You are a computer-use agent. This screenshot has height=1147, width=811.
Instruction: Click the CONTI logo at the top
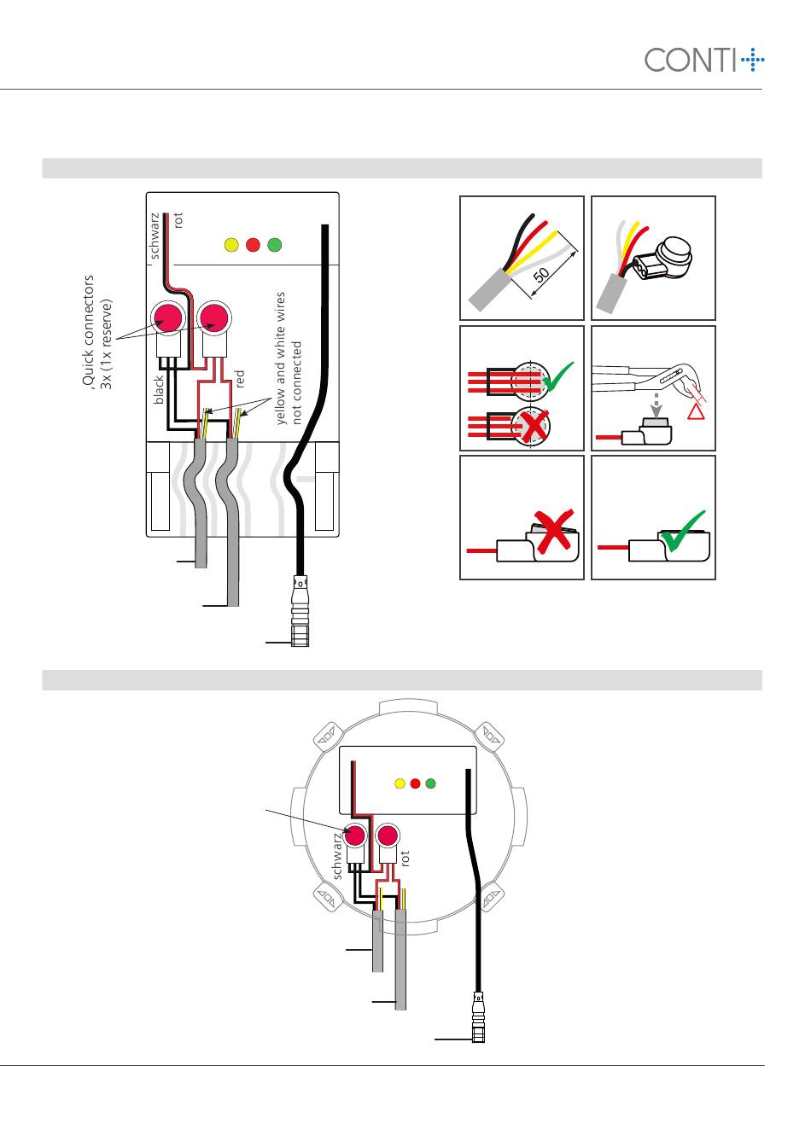704,60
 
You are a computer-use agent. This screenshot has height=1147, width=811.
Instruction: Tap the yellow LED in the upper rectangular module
231,245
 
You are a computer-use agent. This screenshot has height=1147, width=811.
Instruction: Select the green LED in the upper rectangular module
275,245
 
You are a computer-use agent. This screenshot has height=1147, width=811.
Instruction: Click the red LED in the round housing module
416,783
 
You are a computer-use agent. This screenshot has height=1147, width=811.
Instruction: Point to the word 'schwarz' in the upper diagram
155,236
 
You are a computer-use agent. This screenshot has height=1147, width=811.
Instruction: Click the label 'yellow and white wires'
280,358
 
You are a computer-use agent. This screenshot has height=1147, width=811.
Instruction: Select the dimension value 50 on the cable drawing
541,275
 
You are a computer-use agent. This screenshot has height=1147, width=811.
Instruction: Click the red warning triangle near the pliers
696,411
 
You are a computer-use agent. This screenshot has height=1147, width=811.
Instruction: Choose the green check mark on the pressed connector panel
684,531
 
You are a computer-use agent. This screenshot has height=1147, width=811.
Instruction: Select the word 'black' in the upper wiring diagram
159,390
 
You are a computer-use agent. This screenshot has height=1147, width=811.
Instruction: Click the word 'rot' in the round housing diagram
405,859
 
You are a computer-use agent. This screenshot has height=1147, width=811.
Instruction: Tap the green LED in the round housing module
431,783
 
